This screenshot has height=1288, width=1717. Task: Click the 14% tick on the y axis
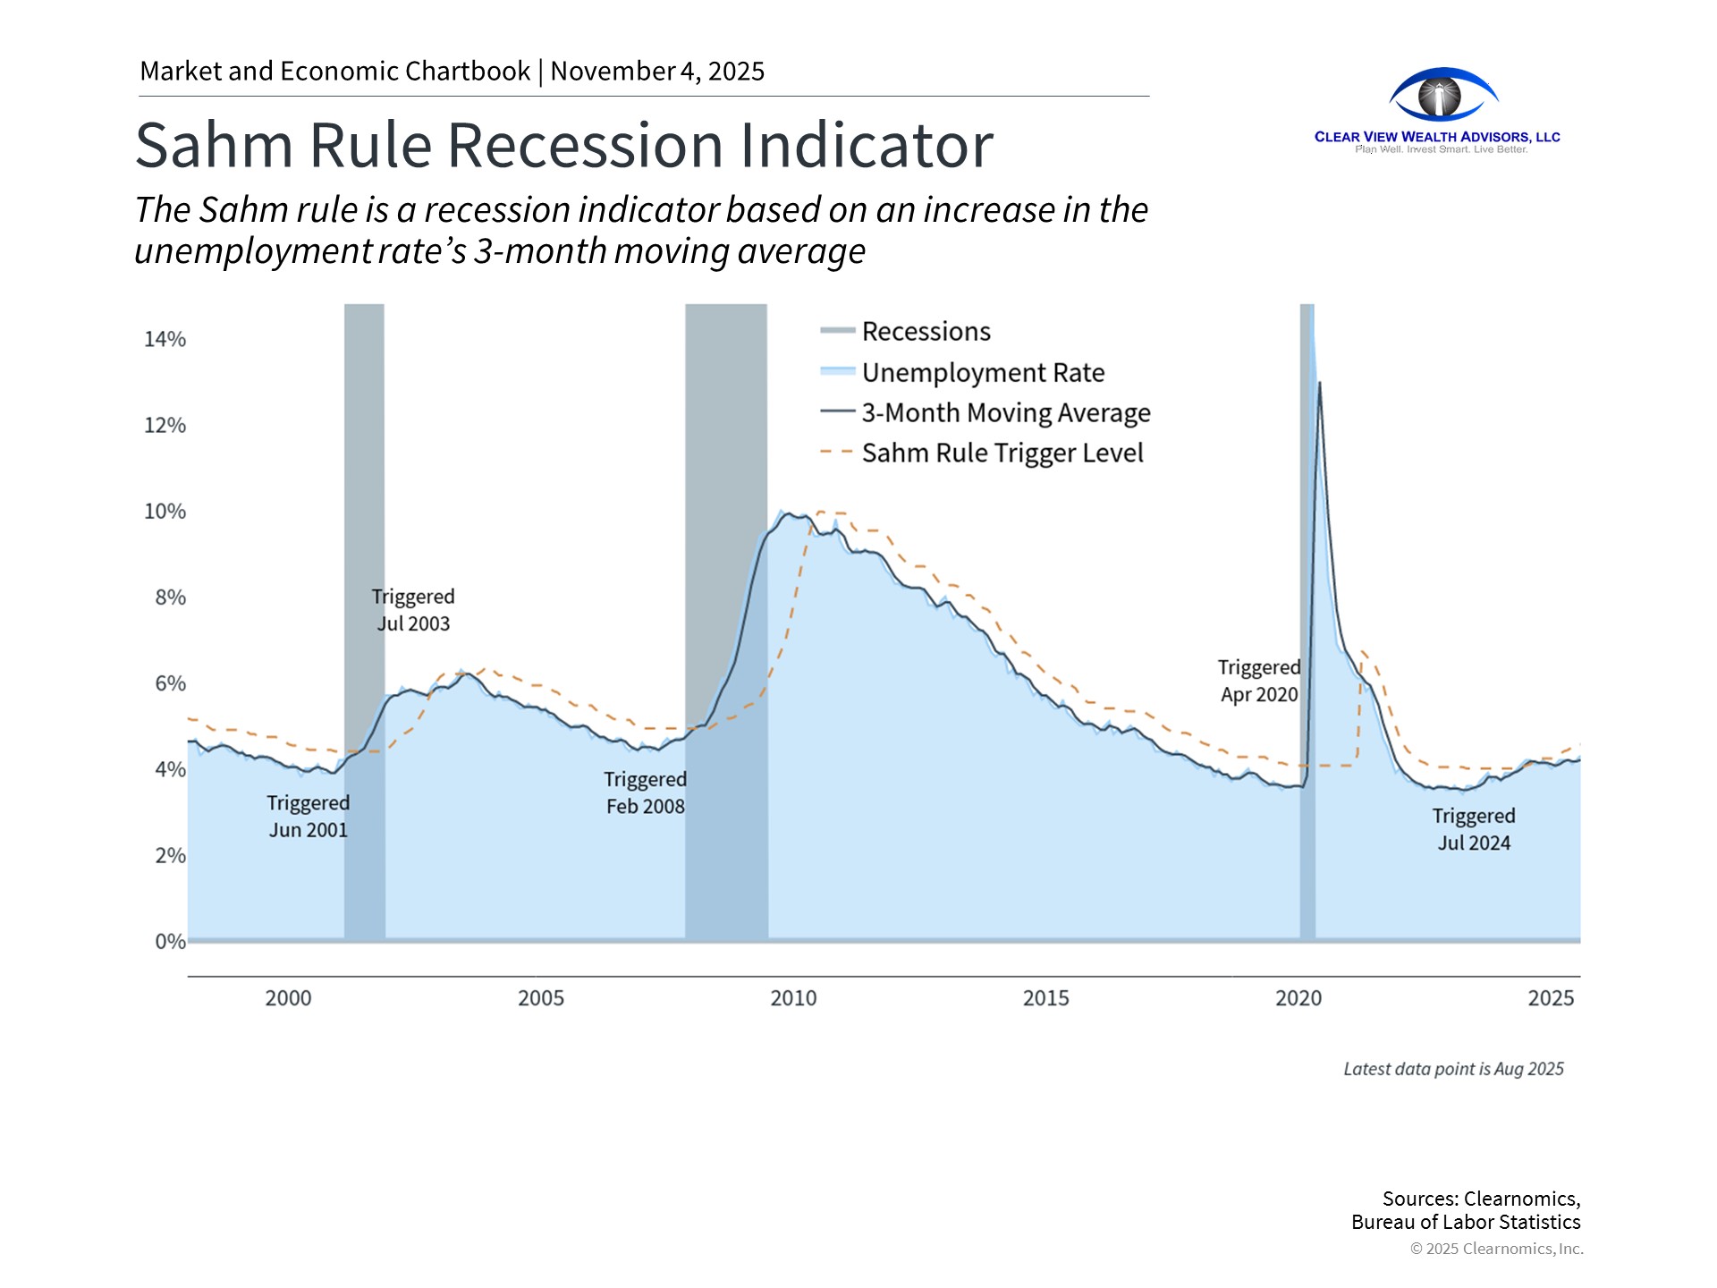click(165, 339)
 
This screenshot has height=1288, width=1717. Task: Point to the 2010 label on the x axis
click(793, 998)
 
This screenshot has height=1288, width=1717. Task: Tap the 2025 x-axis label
click(1550, 998)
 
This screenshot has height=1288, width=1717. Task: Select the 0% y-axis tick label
click(170, 942)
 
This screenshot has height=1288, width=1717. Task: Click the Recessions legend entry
click(926, 332)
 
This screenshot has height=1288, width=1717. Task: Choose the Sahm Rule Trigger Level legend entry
click(1002, 453)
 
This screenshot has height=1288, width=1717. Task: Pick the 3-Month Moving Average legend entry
click(1005, 413)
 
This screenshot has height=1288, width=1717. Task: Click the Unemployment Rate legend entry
click(983, 373)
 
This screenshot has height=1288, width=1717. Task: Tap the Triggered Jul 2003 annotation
click(413, 610)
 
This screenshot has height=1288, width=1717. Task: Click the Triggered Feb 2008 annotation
click(645, 792)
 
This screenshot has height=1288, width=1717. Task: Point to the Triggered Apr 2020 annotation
click(1258, 681)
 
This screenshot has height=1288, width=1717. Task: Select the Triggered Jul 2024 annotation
click(1473, 829)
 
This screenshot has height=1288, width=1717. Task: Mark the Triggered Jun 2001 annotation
click(308, 816)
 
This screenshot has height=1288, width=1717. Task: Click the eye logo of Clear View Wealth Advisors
click(1442, 95)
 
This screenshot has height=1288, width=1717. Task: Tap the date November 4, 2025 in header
click(657, 72)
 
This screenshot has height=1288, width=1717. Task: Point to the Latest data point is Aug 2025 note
click(1452, 1069)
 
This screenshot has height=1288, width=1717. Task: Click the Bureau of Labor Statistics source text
click(1465, 1223)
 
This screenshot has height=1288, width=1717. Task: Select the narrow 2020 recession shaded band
click(1307, 626)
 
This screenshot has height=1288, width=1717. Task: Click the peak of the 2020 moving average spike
click(1320, 384)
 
